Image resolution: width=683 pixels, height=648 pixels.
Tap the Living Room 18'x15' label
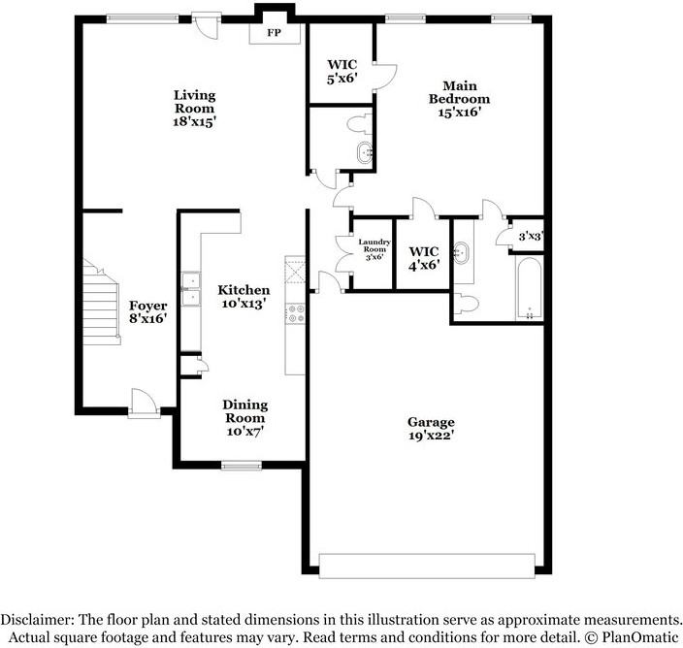[x=194, y=109]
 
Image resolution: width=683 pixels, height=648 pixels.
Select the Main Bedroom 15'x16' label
[x=459, y=98]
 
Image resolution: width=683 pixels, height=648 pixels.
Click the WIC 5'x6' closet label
[x=341, y=72]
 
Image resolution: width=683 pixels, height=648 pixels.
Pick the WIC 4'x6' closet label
[x=423, y=257]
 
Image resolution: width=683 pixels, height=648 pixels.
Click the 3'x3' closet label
[x=530, y=236]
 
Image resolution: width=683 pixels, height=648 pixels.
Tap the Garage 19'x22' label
[x=431, y=430]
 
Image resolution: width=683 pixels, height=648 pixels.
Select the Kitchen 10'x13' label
[x=244, y=296]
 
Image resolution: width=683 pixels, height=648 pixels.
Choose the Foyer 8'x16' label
[x=148, y=311]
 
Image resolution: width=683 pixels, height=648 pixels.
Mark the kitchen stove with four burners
[x=295, y=313]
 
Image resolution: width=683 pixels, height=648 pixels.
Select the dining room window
[x=241, y=466]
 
